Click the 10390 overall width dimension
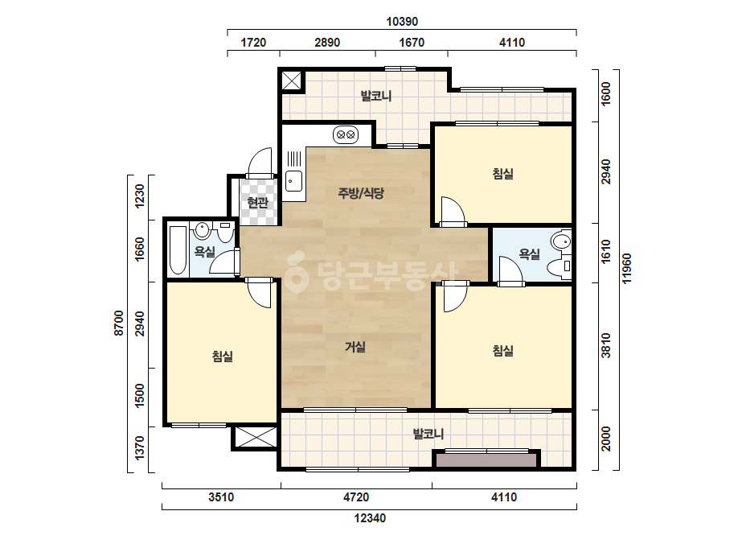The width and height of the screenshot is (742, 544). tap(402, 22)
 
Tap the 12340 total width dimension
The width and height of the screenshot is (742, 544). tap(370, 518)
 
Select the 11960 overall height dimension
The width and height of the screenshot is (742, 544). tap(626, 269)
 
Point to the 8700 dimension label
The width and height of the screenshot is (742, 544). tap(119, 324)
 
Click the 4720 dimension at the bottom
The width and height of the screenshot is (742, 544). tap(356, 497)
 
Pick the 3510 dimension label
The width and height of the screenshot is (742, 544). tap(221, 497)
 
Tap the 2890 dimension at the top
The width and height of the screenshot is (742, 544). tap(327, 43)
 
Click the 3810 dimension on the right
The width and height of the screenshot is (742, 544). tap(606, 345)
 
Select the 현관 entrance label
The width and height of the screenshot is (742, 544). tap(258, 203)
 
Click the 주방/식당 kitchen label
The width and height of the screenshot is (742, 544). tap(361, 193)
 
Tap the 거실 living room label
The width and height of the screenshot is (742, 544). tap(355, 347)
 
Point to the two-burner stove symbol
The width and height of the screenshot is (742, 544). tap(346, 134)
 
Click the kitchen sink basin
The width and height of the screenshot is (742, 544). tap(294, 180)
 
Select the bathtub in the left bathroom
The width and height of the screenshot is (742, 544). tap(178, 250)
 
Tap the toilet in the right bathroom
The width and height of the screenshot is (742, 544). tap(560, 268)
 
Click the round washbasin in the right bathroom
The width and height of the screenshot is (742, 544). tap(563, 241)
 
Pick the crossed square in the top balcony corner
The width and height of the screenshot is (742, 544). tap(292, 80)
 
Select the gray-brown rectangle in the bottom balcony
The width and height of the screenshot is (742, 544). tap(486, 460)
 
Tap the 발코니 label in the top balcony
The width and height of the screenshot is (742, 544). tap(376, 97)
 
